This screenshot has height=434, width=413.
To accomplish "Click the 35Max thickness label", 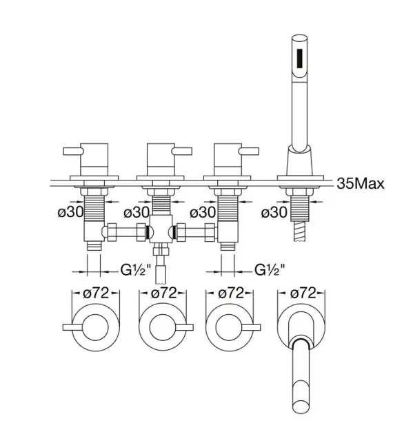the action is pos(361,183).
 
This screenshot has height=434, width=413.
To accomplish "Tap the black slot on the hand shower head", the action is pos(300,58).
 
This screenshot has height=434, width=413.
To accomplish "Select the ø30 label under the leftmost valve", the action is pos(70,212).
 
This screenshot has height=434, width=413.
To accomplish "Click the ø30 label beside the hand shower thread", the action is pos(274,212).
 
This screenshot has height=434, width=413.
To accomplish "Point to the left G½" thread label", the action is pos(136,270).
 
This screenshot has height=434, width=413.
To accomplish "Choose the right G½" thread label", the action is pos(270,270).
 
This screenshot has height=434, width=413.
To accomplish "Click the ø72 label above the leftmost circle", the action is pos(96,293).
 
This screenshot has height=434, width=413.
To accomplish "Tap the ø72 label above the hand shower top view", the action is pos(303,293).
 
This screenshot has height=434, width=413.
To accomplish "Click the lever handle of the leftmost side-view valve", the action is pos(73,152).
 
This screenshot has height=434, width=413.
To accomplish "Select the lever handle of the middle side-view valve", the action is pos(182,152).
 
